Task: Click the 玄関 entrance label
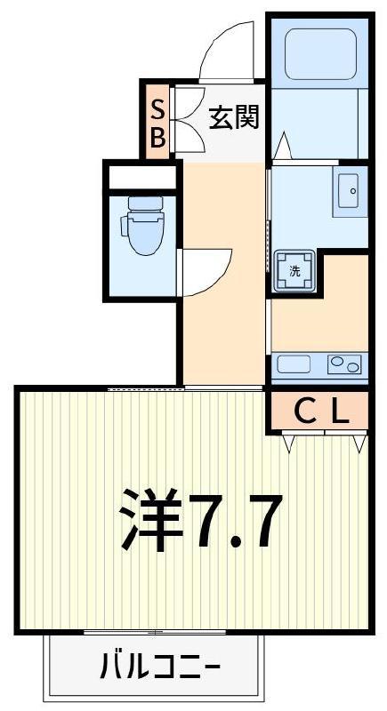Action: click(234, 117)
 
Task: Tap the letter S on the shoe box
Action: click(157, 109)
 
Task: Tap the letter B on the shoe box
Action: click(157, 138)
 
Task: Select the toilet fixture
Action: click(141, 226)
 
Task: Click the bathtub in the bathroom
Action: click(320, 54)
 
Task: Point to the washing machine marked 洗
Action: click(294, 271)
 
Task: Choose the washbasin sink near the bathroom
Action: click(351, 191)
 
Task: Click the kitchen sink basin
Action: click(294, 364)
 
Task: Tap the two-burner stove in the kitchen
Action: click(344, 364)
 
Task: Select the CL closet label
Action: click(322, 412)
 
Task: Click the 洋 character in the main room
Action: click(151, 520)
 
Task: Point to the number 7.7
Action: click(235, 522)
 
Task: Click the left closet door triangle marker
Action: click(289, 443)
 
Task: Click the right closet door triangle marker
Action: click(359, 443)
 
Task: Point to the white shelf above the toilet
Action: click(142, 177)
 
